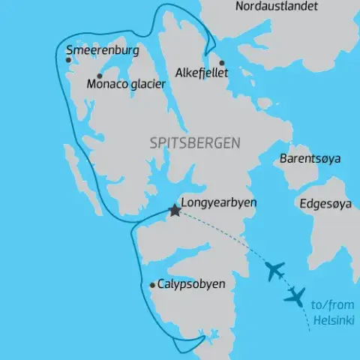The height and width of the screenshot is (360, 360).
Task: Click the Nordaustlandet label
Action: coord(276,7)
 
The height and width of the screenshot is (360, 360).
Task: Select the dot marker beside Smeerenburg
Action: coord(68,60)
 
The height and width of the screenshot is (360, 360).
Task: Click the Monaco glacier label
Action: coord(126,84)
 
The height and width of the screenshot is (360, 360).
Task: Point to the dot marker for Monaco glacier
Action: coord(99,76)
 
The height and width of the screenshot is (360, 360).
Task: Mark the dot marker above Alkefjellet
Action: coord(221,63)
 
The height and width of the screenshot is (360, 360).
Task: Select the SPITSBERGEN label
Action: coord(195,142)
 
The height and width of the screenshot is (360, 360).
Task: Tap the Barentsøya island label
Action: coord(310,160)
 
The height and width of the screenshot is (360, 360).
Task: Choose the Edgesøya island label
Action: coord(324,203)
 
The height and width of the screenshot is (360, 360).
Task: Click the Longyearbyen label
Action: coord(219,202)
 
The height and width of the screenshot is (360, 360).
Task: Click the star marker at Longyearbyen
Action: coord(175,211)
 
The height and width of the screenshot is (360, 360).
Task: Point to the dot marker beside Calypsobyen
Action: coord(152,285)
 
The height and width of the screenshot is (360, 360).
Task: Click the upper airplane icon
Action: coord(275,270)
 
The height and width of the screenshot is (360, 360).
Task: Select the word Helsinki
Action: coord(329,319)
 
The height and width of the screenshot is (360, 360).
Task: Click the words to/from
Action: coord(330,306)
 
